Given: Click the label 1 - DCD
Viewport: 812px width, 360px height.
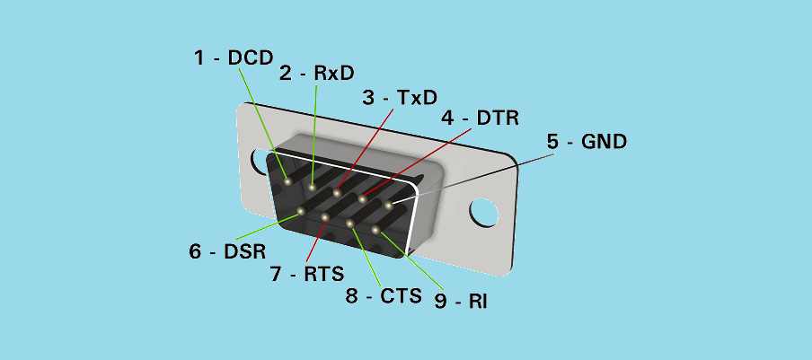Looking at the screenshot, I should point(234,58).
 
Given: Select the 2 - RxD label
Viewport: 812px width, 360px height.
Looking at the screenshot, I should point(317,74).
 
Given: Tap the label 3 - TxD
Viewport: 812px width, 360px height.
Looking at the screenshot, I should point(400,97).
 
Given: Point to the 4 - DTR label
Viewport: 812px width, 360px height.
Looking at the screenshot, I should point(480,118).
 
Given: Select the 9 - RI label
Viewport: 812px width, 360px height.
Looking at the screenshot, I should point(461,302).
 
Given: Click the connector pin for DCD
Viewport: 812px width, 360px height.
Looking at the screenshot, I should point(287,180).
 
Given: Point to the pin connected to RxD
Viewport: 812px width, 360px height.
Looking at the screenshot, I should point(312,187).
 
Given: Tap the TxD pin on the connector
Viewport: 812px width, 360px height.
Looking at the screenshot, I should point(337,192).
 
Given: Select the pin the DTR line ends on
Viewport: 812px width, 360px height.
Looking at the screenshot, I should point(363,198).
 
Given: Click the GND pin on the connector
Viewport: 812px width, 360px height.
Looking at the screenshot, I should point(389,205).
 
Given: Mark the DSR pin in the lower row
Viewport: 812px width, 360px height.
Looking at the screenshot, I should point(300,212).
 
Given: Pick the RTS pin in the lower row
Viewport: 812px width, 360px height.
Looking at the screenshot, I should point(325,217).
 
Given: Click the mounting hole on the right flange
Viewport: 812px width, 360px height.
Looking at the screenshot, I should point(484,213).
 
